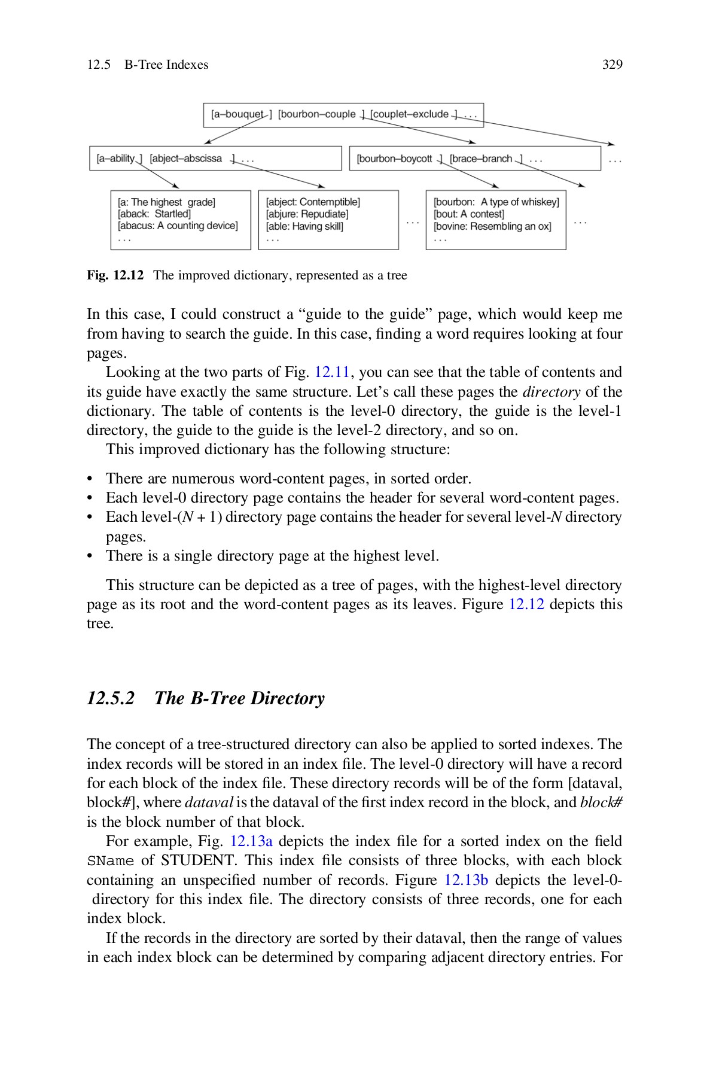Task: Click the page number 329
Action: [x=612, y=65]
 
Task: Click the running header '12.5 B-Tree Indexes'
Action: [x=147, y=65]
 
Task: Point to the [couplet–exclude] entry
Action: [x=413, y=114]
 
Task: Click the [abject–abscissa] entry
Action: [x=190, y=159]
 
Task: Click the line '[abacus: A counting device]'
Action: [x=178, y=226]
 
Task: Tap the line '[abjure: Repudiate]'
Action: [x=307, y=214]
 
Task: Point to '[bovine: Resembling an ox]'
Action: [x=492, y=226]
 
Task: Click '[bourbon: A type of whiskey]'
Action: [x=496, y=202]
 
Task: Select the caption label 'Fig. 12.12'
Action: [x=115, y=276]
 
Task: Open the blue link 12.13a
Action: [x=251, y=841]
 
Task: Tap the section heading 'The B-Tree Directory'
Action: [x=239, y=698]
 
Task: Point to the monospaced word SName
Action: [x=110, y=861]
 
